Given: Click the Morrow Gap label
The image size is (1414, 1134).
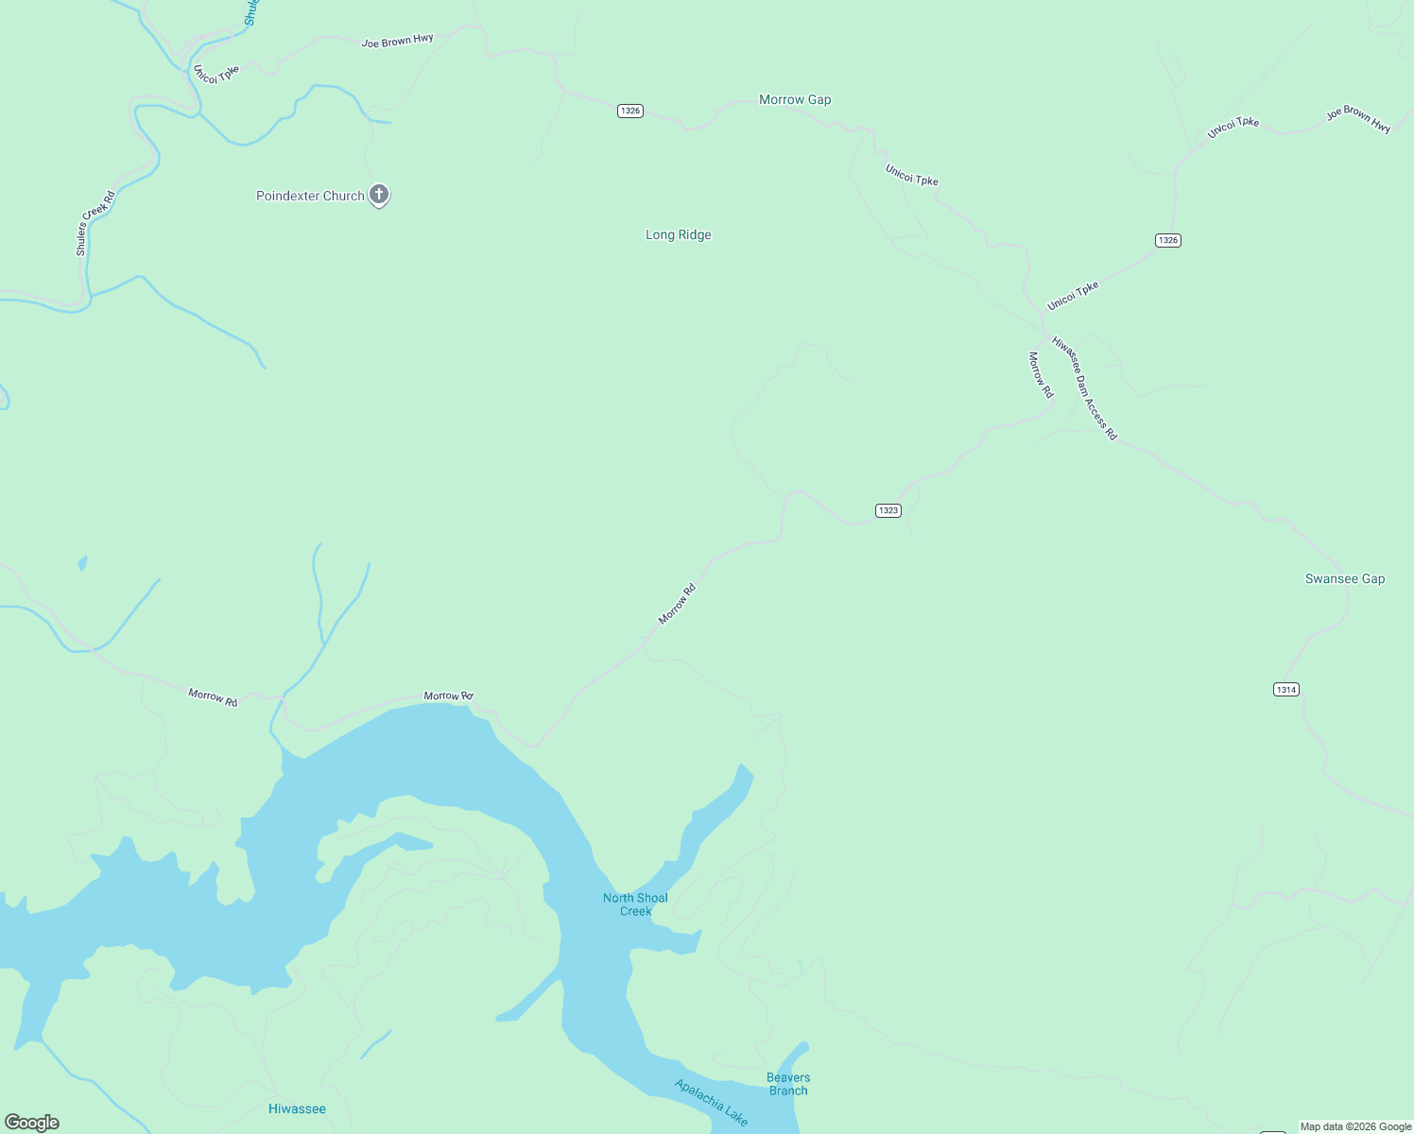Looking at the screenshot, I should (795, 99).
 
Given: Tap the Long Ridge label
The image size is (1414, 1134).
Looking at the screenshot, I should (678, 234).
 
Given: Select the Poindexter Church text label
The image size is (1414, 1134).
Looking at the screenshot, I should (310, 196).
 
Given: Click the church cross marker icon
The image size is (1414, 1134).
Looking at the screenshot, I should (379, 195).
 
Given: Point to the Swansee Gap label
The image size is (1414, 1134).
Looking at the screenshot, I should (1344, 578).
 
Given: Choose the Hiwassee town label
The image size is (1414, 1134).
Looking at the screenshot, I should (297, 1108).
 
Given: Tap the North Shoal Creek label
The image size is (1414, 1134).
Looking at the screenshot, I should (635, 904).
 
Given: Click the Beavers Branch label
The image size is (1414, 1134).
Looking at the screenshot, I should (788, 1084).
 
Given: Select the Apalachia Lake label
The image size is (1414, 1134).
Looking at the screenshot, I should (711, 1102).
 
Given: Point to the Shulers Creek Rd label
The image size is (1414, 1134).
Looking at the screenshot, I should (95, 223).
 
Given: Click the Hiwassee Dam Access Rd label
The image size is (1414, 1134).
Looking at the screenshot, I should (1084, 388).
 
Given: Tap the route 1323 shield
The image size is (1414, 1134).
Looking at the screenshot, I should (888, 510).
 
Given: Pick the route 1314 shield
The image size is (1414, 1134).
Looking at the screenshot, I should (1285, 689).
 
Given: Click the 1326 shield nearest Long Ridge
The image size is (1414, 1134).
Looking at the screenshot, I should (630, 111).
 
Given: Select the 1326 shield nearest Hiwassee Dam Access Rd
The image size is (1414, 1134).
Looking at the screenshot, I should (1168, 240).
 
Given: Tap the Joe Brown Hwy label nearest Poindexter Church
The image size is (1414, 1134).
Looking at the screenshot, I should (397, 41).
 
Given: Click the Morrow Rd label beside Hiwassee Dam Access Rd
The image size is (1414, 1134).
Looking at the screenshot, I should (1040, 374).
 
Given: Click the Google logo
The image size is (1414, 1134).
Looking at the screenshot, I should (32, 1123).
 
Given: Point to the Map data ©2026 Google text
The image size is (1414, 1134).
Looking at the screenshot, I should (1355, 1126).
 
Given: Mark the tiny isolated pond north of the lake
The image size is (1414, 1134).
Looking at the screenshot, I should (83, 563).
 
